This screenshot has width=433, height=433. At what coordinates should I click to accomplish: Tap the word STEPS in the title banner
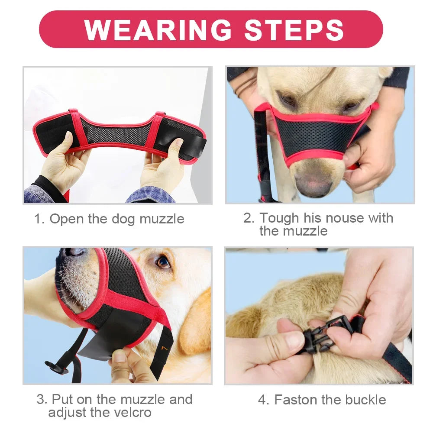pos(294,30)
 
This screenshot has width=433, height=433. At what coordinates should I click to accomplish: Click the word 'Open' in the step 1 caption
pos(67,219)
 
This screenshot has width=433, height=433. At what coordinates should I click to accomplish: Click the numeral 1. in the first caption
pos(39,219)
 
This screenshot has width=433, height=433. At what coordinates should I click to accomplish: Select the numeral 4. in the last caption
pos(263,399)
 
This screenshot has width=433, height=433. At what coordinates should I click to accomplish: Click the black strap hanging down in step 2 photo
pos(263,156)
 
